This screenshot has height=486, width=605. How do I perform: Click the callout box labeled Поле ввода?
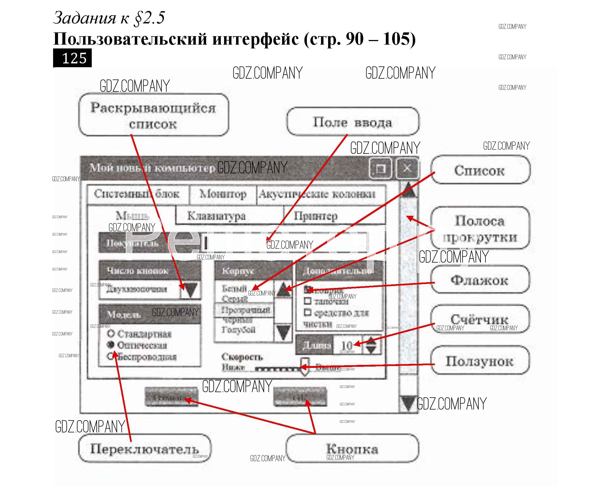353,122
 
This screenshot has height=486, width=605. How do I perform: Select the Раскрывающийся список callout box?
154,115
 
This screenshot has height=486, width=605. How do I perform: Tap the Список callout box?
480,170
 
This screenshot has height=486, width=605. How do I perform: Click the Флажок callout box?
480,280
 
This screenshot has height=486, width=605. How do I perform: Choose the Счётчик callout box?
480,319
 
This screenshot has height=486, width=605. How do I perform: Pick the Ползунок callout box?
480,361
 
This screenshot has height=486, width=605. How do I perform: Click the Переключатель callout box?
145,448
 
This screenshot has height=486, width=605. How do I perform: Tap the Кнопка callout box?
352,448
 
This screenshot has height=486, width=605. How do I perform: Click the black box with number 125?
72,58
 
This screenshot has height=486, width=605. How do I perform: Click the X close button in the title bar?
407,168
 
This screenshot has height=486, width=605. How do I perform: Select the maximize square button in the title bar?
381,168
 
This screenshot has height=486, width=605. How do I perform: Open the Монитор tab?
223,194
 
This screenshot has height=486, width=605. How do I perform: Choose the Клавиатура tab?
216,216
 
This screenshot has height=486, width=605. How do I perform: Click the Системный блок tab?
137,194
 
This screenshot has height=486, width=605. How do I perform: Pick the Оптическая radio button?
111,345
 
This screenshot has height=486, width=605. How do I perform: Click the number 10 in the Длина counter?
347,345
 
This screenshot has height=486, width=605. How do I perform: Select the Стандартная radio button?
111,333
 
